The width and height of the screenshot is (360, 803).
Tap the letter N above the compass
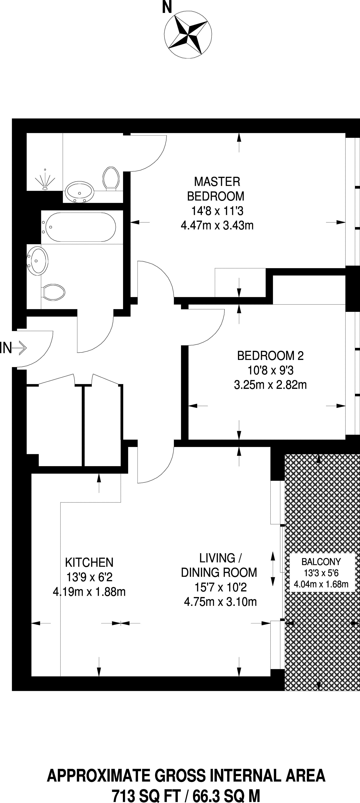(167, 8)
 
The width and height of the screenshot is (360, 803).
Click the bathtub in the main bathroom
(79, 227)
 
